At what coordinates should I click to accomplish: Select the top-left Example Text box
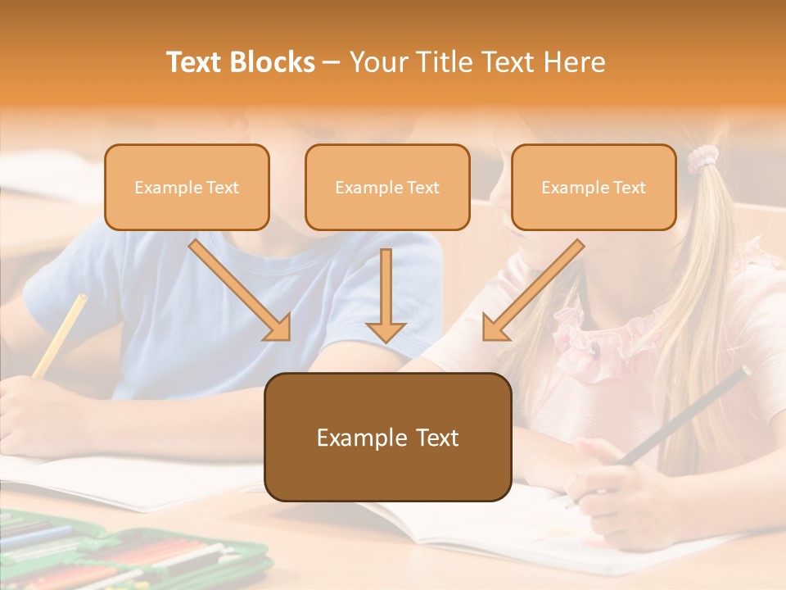(x=187, y=188)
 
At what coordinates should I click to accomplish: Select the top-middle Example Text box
(x=387, y=188)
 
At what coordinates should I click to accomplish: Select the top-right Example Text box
(x=594, y=188)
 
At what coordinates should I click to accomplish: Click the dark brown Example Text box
(x=387, y=438)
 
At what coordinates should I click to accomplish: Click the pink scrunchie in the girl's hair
(x=702, y=159)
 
